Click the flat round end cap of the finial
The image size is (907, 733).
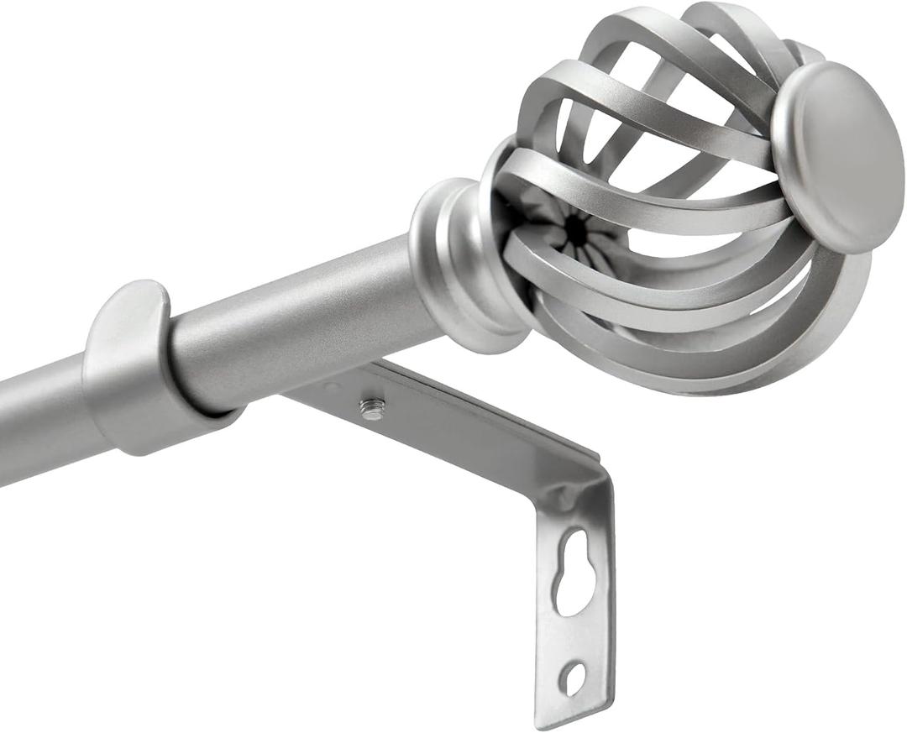coord(840,156)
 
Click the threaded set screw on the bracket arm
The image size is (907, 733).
coord(372,409)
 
